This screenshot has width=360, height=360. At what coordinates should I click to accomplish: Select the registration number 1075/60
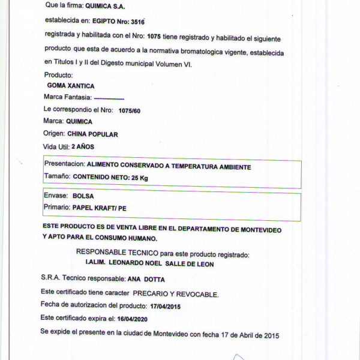click(130, 110)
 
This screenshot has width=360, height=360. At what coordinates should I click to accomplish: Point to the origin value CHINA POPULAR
click(92, 134)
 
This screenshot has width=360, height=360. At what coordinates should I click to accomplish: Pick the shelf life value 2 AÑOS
click(82, 146)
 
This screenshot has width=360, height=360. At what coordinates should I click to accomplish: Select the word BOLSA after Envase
click(83, 196)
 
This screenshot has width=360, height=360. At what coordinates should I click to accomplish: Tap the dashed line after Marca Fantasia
click(109, 98)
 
